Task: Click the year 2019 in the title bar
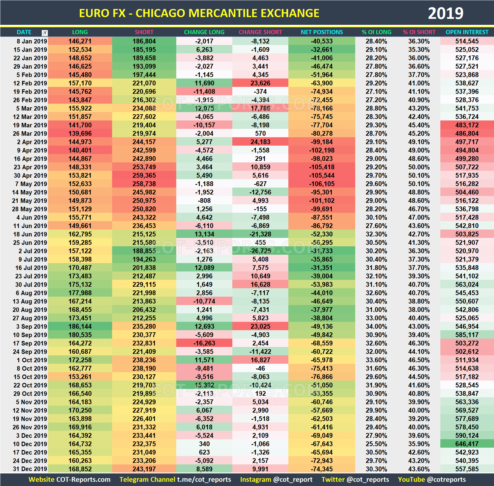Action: pos(445,13)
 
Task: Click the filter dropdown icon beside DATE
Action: pos(45,33)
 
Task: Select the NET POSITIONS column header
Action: pos(322,32)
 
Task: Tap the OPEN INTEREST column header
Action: pos(467,32)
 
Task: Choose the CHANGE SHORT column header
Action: pos(260,32)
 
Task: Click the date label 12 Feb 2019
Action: pos(30,83)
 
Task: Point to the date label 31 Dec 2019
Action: pos(30,469)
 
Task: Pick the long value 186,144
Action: pos(80,326)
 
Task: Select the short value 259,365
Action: pos(144,175)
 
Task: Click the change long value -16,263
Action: pos(204,343)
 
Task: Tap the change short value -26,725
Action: pos(260,251)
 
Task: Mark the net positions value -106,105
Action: pos(322,184)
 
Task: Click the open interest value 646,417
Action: pos(467,444)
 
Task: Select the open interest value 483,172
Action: pos(467,125)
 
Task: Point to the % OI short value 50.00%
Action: pos(419,167)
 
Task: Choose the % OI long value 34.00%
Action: pos(376,326)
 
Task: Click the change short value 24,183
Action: pos(260,142)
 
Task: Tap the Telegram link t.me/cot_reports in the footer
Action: pos(204,479)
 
